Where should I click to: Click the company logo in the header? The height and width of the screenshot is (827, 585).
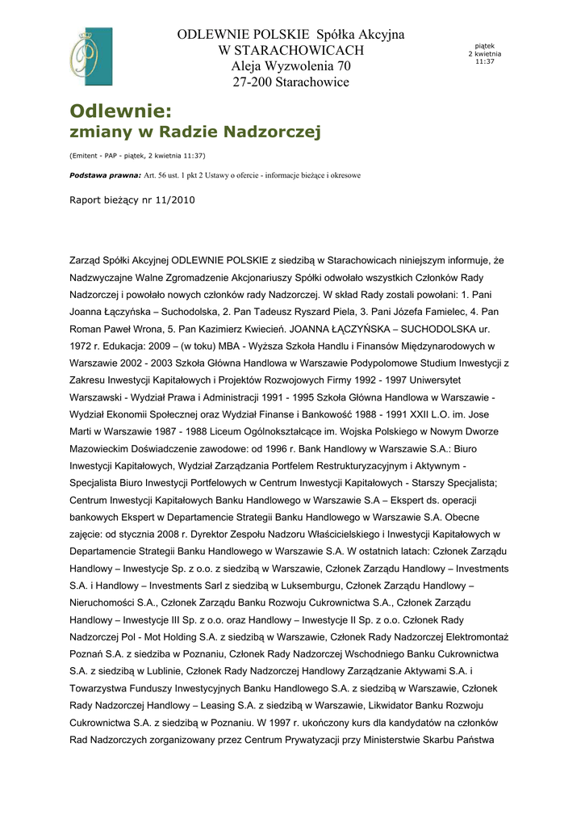[90, 57]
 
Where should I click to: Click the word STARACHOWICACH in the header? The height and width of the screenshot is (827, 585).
[290, 51]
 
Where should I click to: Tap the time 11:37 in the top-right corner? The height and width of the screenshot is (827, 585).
[484, 61]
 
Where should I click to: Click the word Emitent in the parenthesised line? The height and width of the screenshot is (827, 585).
[88, 155]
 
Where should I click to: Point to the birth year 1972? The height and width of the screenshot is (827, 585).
[81, 346]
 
